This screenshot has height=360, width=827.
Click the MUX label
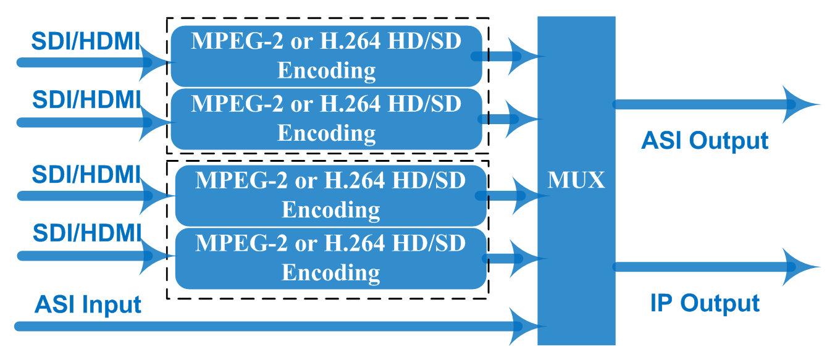coord(576,181)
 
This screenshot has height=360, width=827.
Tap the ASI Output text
coord(705,141)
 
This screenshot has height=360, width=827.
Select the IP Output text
coord(705,303)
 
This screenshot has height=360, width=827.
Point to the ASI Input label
coord(88,304)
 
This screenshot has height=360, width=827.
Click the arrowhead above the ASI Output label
coord(800,104)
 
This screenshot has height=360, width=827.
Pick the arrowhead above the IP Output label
coord(800,267)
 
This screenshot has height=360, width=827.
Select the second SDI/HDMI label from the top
coord(86,100)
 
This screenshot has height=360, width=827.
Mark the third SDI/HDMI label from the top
coord(86,174)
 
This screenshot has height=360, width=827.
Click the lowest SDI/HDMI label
coord(86,233)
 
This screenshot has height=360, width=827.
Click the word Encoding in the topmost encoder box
coord(326,70)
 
